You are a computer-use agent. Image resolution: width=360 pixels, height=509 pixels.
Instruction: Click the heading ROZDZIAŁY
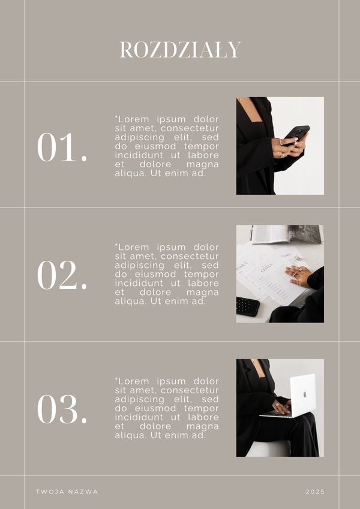click(180, 50)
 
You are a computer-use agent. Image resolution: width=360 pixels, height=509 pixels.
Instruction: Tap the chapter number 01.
click(62, 147)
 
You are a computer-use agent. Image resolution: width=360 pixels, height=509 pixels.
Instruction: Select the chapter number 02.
click(62, 276)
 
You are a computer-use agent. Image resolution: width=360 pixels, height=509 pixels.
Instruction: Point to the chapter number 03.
click(62, 410)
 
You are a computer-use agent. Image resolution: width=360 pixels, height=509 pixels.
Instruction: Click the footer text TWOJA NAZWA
click(67, 492)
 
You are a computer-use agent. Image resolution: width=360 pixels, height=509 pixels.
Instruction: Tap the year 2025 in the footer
click(315, 492)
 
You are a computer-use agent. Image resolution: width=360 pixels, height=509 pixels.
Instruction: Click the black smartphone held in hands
click(297, 133)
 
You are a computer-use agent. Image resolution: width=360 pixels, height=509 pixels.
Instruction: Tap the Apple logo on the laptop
click(304, 394)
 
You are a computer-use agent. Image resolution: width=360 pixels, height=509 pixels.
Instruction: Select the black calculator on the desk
click(247, 306)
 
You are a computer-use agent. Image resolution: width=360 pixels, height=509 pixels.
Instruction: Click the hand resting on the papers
click(298, 276)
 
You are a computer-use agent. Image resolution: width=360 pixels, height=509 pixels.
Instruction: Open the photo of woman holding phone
click(280, 146)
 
